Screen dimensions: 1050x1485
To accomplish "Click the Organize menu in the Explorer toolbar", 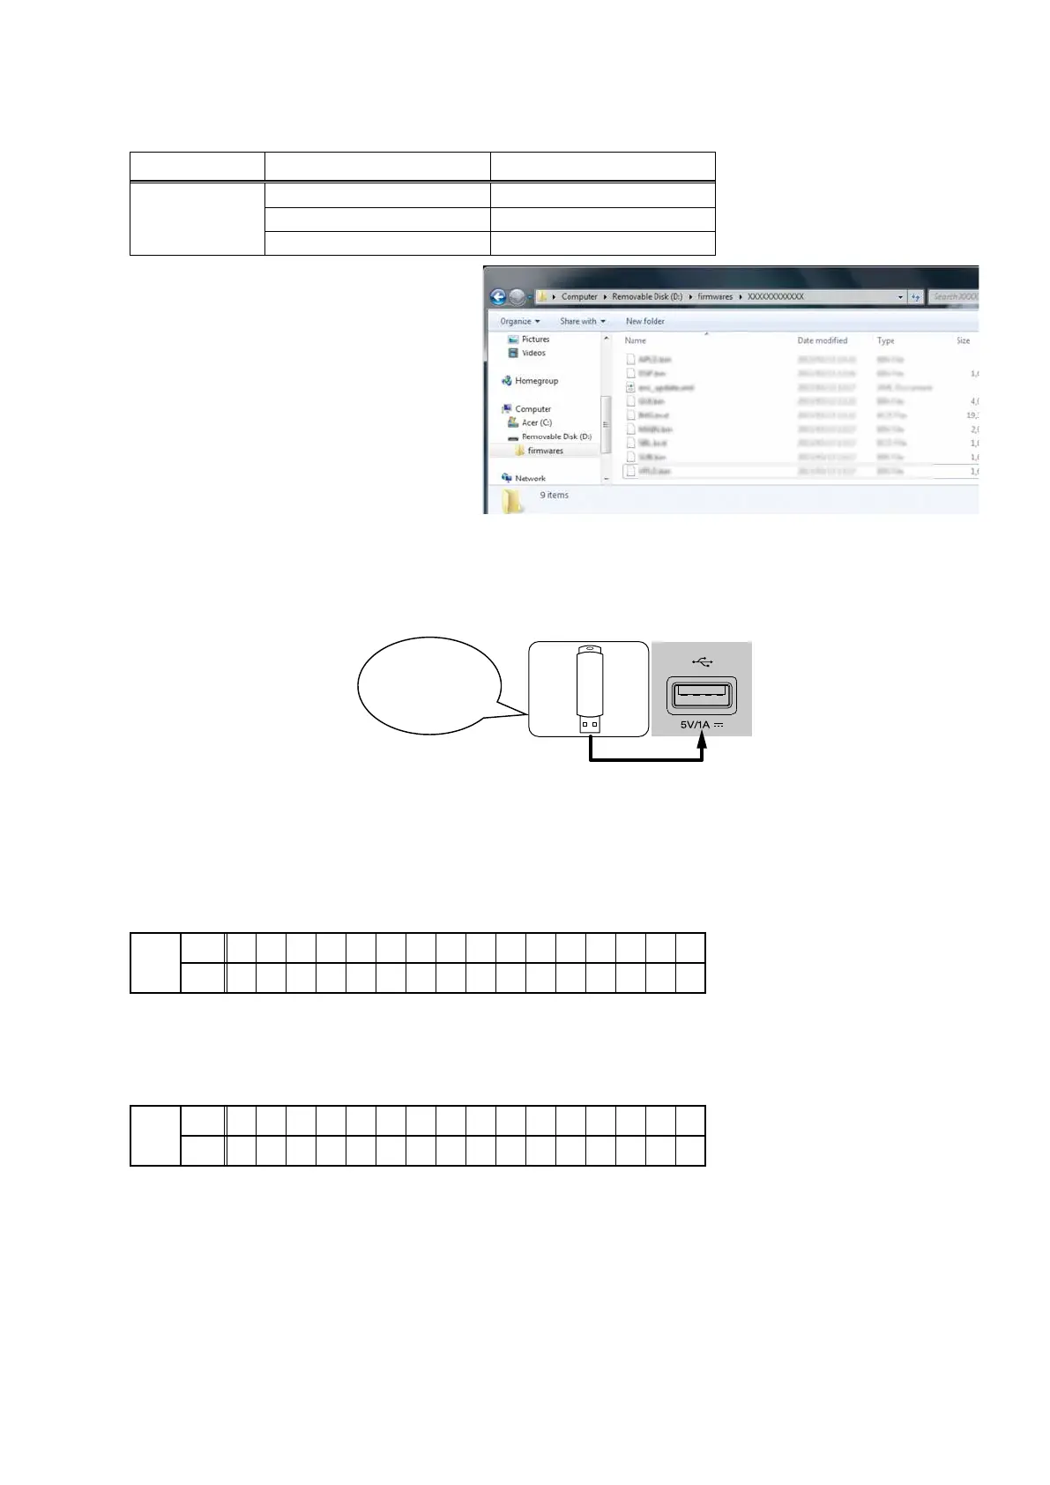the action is click(x=519, y=321).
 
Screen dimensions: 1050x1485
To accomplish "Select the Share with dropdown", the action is click(x=582, y=321).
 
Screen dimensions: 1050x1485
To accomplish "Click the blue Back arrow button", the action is click(x=498, y=297).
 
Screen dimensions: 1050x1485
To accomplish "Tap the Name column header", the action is click(x=635, y=340).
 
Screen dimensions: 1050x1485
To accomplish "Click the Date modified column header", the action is click(x=822, y=340).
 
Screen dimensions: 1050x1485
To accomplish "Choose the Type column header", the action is click(x=885, y=340).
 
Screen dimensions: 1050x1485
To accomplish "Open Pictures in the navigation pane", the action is click(x=534, y=339).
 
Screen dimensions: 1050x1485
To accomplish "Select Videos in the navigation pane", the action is click(x=532, y=353).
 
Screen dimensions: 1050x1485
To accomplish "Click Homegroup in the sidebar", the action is click(x=535, y=381).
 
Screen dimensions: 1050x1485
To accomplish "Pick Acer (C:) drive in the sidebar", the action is click(x=535, y=422).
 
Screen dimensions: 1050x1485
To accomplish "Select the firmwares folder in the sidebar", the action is click(x=544, y=451).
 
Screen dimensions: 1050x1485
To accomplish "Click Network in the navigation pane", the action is click(x=529, y=478).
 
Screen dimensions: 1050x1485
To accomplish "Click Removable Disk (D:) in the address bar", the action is click(x=646, y=297).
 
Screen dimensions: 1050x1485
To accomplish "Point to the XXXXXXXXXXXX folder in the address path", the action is click(x=775, y=297).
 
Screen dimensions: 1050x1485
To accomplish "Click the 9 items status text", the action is click(x=554, y=495).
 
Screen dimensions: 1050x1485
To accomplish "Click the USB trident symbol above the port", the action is click(x=702, y=660).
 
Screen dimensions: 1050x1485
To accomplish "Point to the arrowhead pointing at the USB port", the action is click(x=703, y=744).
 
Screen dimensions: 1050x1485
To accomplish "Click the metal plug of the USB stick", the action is click(x=590, y=724).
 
